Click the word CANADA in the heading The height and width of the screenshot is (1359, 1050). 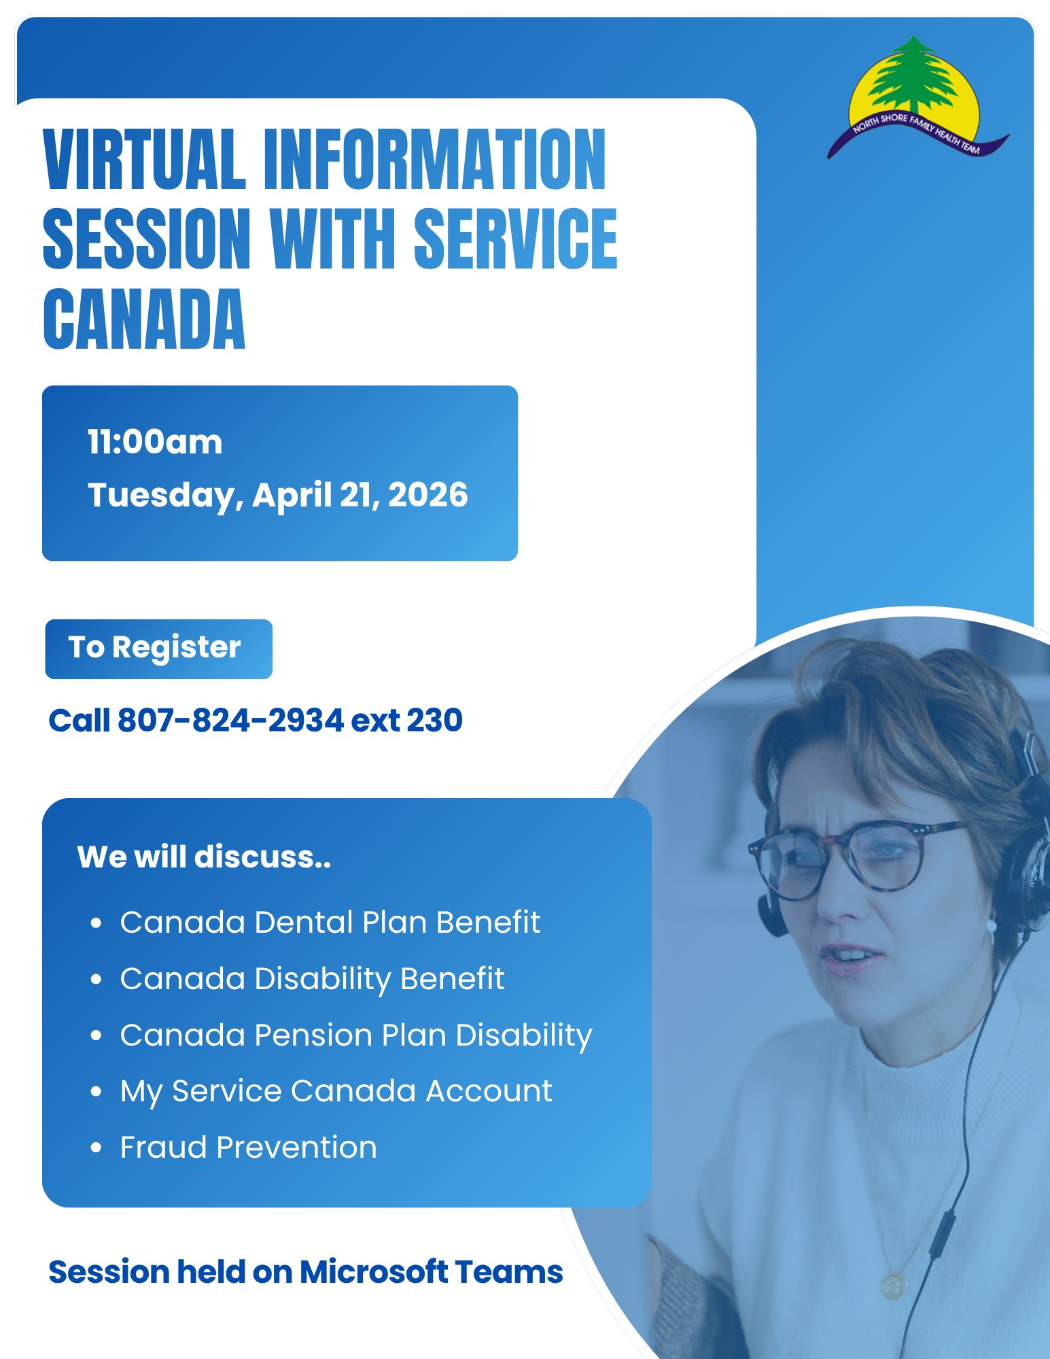[144, 319]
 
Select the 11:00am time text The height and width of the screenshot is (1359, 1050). [155, 443]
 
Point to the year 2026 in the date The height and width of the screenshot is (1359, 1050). [428, 494]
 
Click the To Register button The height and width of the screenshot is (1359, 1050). [158, 649]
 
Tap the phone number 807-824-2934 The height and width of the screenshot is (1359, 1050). [230, 720]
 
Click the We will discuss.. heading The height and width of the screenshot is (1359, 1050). [204, 857]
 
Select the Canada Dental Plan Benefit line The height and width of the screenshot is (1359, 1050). [330, 923]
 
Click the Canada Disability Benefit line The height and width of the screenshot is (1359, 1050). [312, 980]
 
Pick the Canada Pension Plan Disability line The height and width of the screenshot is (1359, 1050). [356, 1036]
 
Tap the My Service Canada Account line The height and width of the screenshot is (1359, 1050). [336, 1092]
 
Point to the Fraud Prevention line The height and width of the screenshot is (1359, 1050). [249, 1148]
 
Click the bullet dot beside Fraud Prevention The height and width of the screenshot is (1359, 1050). [96, 1148]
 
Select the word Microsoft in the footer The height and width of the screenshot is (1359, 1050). [374, 1272]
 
